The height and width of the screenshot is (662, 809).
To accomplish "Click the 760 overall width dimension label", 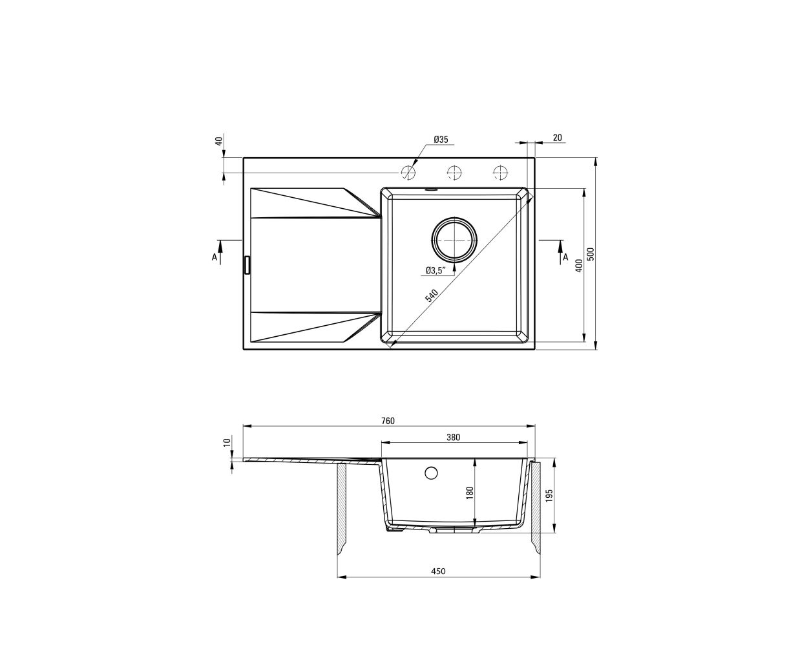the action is tap(388, 421).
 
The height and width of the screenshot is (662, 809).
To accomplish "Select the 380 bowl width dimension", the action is tap(453, 437).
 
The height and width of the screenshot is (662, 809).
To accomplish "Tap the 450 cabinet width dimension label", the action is tap(438, 582).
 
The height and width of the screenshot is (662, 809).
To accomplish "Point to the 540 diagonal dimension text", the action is tap(431, 296).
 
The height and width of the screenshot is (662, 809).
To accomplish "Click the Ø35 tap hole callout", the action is tap(441, 140).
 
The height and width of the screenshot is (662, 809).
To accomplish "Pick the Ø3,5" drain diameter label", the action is tap(435, 271).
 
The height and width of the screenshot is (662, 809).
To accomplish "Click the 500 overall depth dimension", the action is tap(591, 254).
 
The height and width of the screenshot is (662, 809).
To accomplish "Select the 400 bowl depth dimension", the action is tap(579, 265).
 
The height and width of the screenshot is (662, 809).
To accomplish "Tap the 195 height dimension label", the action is tap(549, 495).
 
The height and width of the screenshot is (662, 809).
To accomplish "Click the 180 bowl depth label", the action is tap(470, 493).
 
